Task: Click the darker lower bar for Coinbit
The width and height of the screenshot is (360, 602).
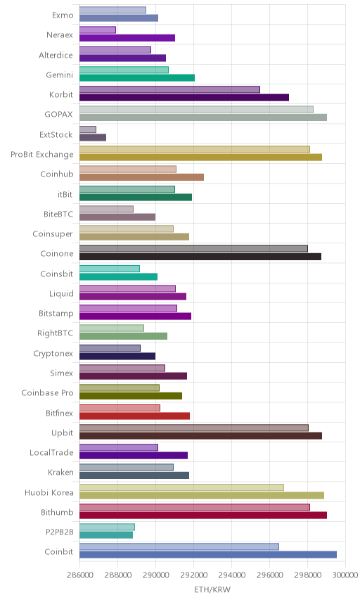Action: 208,554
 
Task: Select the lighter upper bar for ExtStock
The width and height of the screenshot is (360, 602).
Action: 88,129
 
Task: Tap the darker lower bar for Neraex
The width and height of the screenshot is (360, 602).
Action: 127,38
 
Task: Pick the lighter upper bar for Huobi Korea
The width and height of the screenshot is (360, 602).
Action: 181,487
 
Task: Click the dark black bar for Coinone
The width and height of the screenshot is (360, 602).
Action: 200,257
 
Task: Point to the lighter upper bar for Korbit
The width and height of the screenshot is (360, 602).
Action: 169,89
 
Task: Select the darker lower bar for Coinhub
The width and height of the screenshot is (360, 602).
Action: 141,177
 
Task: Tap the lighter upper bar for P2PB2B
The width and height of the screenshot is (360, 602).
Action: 107,527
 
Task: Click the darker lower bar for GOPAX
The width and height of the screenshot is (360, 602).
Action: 203,117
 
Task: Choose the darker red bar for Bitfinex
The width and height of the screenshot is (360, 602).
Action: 134,416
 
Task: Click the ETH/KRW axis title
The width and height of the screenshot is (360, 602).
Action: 212,590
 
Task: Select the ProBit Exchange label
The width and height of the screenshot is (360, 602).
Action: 41,154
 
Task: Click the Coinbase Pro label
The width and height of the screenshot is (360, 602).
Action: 47,392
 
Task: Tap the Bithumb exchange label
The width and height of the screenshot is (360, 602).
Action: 57,512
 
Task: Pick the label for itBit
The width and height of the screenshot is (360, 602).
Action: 65,194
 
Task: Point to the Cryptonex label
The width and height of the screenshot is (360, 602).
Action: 53,354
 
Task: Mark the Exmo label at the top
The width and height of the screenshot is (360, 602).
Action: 63,15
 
